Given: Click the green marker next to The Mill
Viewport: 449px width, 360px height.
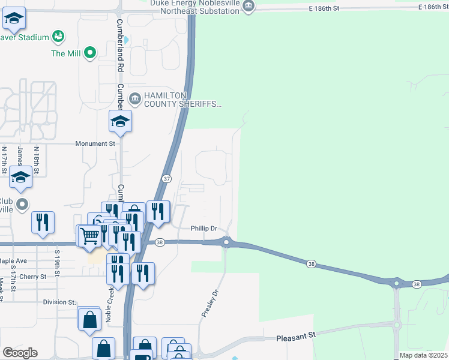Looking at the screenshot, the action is click(x=90, y=53).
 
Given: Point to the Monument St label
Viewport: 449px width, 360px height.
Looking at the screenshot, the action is click(x=95, y=144).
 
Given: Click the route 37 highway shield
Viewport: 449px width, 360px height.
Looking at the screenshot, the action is click(x=167, y=179).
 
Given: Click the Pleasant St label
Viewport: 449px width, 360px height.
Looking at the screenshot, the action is click(x=296, y=338).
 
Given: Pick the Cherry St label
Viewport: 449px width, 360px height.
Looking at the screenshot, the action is click(x=33, y=277).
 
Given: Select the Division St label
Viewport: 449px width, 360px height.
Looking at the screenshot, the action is click(x=59, y=302).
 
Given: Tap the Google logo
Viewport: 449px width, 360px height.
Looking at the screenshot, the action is click(x=19, y=353).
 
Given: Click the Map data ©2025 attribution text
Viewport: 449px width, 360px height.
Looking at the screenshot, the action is click(x=423, y=355).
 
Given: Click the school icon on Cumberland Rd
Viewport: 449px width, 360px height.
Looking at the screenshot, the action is click(x=120, y=122).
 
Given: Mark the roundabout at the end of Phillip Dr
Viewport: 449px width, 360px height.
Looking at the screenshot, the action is click(x=226, y=242).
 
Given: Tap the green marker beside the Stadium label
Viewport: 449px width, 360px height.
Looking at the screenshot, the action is click(x=58, y=37).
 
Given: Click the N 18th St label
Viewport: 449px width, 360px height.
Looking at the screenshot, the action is click(x=37, y=161).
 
